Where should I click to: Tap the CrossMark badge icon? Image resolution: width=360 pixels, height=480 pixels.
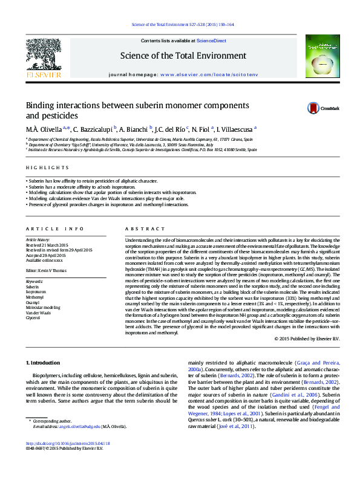point(313,108)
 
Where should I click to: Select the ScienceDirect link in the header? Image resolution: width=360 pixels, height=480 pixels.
point(212,41)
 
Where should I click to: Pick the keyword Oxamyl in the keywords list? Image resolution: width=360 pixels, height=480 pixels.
point(32,302)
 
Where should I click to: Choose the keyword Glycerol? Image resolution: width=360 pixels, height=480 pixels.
point(33,317)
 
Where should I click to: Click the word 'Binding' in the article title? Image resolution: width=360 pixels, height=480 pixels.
point(39,105)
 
